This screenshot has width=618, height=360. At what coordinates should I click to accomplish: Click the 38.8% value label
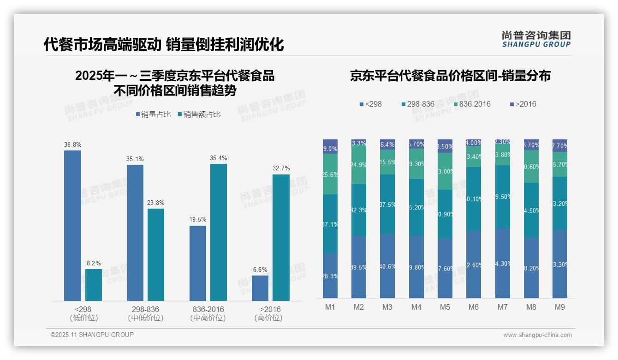tap(72, 144)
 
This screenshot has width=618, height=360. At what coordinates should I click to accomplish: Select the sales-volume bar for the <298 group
tap(72, 226)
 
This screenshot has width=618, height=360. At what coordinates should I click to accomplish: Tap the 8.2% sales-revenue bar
tap(94, 285)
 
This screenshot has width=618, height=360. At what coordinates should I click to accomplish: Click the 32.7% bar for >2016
tap(281, 238)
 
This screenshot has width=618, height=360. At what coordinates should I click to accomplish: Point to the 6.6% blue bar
tap(260, 288)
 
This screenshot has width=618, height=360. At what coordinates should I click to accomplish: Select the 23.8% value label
tap(156, 203)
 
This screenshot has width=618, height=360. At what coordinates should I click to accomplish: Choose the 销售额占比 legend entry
tap(199, 114)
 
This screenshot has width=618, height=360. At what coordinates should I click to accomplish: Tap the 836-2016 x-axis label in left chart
tap(208, 309)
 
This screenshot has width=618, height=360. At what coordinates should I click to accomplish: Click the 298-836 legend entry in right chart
tap(418, 104)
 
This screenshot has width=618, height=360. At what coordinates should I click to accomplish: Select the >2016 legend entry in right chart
tap(523, 104)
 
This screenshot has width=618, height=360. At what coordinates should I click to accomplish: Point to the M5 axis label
tap(445, 307)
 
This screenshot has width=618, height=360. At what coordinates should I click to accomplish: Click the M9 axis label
tap(559, 307)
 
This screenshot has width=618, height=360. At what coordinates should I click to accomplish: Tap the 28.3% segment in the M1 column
tap(330, 276)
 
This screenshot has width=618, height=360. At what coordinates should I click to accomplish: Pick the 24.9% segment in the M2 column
tap(359, 165)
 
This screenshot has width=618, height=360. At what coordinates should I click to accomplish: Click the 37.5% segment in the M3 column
tap(387, 204)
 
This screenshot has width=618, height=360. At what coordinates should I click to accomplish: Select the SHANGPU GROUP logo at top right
tap(536, 39)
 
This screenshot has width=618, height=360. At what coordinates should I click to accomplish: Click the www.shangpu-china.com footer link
tap(537, 335)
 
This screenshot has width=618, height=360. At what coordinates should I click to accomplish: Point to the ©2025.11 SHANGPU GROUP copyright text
tap(92, 335)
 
